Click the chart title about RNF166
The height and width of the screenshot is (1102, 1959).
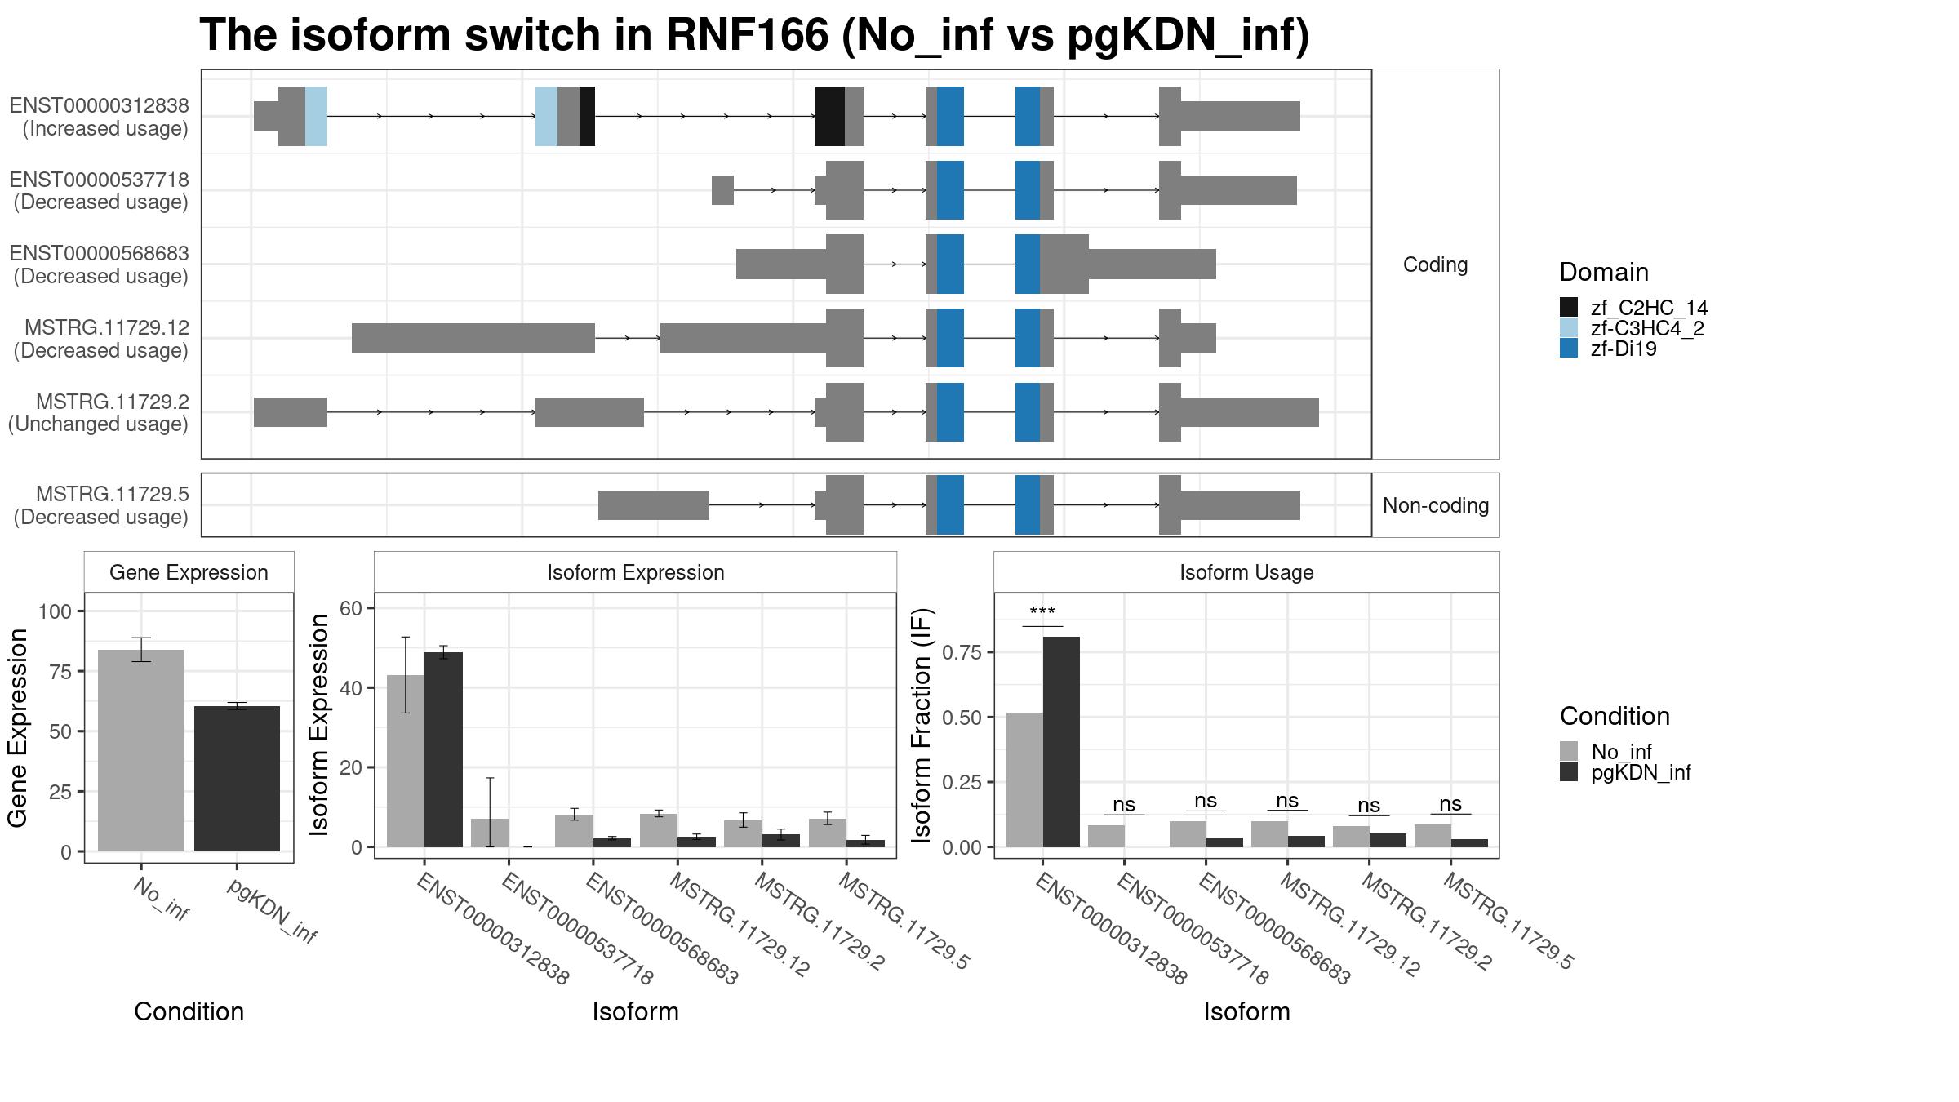754,36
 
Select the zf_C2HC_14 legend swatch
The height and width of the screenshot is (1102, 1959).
1569,307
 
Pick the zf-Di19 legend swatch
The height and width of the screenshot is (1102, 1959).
1569,349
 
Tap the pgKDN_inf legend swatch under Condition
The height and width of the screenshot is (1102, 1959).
1569,772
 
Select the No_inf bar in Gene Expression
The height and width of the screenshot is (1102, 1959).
141,750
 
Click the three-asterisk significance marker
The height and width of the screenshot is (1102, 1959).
1042,612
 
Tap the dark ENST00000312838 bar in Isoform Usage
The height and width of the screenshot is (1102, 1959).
1061,742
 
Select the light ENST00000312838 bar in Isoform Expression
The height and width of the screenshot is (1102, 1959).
406,761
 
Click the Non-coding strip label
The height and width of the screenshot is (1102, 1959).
1436,505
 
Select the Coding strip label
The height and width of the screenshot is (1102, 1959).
1436,264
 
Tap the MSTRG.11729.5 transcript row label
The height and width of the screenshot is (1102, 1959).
101,505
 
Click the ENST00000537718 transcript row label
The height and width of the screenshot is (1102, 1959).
100,190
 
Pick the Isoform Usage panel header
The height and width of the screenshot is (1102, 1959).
1246,572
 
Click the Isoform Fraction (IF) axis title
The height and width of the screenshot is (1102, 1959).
922,725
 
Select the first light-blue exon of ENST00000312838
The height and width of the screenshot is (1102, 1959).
317,116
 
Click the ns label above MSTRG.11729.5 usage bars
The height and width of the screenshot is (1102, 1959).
1450,804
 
